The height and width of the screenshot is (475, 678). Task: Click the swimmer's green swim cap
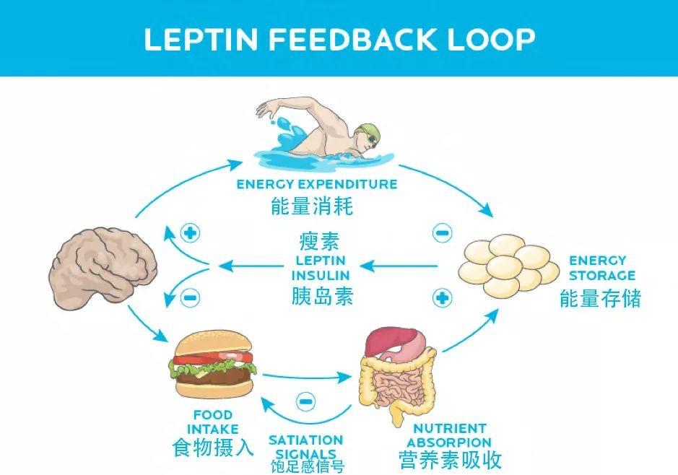365,131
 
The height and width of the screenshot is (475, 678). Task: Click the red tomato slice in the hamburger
213,356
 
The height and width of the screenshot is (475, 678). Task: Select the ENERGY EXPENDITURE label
317,184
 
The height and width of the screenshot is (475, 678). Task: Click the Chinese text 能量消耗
312,206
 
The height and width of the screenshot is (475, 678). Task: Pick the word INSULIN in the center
321,275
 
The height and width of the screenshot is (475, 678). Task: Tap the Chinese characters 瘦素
319,241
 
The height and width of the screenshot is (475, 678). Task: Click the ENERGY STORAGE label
597,268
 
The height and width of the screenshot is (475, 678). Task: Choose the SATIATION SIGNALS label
305,446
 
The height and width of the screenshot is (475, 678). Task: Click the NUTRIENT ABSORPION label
449,435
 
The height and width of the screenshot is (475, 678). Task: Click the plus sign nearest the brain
191,233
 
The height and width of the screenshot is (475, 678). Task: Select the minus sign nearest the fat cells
442,232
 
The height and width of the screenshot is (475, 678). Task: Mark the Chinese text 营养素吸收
449,459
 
